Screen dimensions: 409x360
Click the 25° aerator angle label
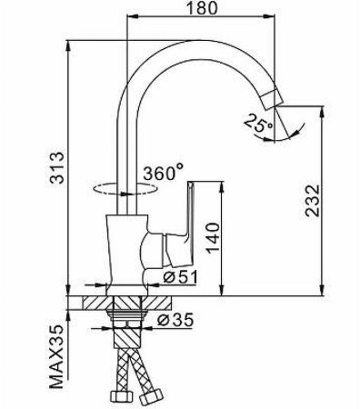point(255,128)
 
